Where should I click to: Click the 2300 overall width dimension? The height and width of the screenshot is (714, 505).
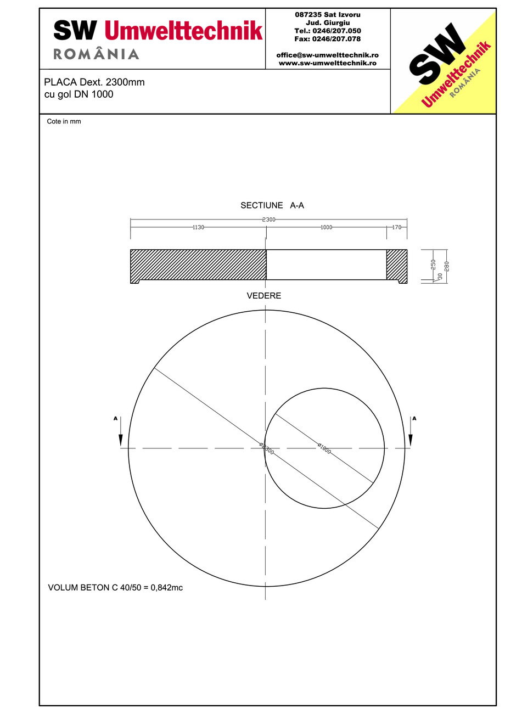(x=268, y=220)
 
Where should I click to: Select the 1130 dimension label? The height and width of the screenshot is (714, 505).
(x=198, y=227)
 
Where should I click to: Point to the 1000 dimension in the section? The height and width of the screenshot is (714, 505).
(x=326, y=227)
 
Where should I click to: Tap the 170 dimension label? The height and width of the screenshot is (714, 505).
(x=396, y=227)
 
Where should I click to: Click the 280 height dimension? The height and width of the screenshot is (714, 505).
(x=446, y=266)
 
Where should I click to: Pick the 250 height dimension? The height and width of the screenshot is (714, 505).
(x=433, y=264)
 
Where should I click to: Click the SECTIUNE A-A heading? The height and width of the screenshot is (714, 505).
(x=272, y=206)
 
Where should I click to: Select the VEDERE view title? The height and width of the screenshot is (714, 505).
(x=264, y=296)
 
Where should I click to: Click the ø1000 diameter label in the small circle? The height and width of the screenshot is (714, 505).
(x=324, y=448)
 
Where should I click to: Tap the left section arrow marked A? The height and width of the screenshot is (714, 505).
(x=120, y=432)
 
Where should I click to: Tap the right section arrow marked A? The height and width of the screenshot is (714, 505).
(x=411, y=432)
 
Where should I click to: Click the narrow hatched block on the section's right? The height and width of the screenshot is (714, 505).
(x=396, y=265)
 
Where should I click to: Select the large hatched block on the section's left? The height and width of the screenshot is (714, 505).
(x=198, y=265)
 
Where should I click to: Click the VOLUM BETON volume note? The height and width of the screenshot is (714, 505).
(x=116, y=588)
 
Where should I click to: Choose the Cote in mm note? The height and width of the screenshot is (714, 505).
(x=64, y=122)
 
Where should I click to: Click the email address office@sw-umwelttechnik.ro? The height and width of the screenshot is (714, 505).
(x=328, y=55)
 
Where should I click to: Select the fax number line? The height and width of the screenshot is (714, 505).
(x=328, y=39)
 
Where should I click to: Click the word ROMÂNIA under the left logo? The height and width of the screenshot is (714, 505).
(x=96, y=54)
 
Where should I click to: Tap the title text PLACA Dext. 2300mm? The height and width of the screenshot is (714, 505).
(x=94, y=82)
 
